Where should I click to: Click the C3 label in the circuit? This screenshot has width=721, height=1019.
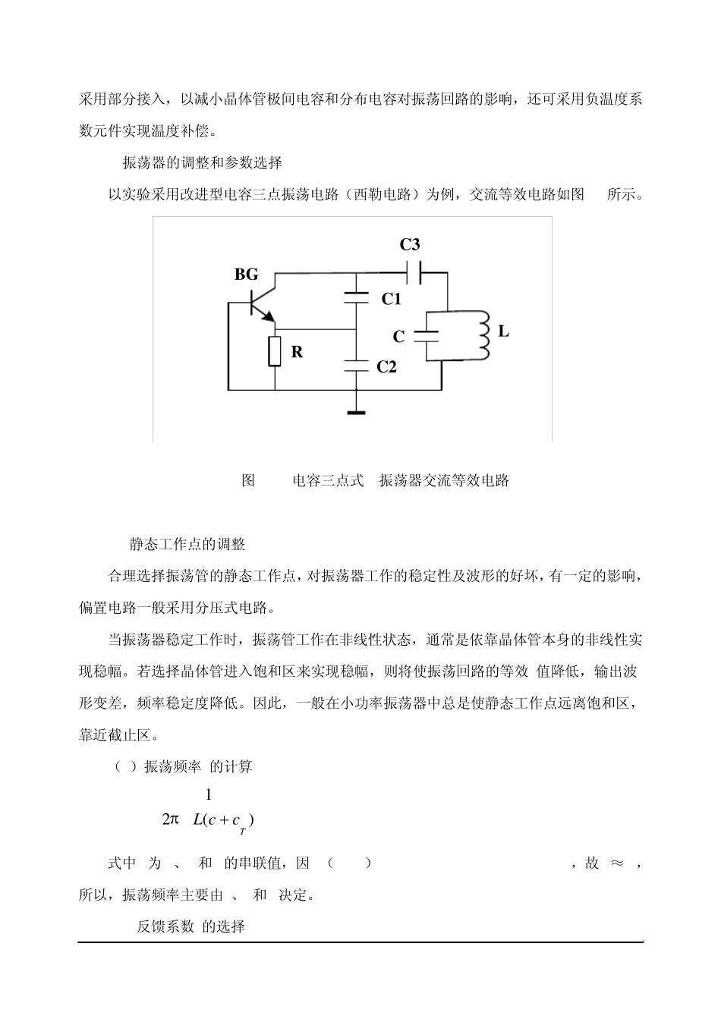pyautogui.click(x=410, y=244)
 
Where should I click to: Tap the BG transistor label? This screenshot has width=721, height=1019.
pyautogui.click(x=246, y=275)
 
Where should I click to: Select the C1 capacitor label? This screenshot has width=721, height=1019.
pyautogui.click(x=391, y=299)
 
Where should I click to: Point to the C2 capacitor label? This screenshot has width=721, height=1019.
pyautogui.click(x=387, y=367)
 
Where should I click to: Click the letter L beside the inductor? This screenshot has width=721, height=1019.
pyautogui.click(x=503, y=332)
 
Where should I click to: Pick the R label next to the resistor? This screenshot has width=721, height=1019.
pyautogui.click(x=298, y=352)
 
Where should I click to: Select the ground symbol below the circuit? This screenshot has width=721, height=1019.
pyautogui.click(x=355, y=412)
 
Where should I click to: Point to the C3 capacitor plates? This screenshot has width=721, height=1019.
pyautogui.click(x=415, y=271)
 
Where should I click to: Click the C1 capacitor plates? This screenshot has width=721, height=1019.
pyautogui.click(x=355, y=297)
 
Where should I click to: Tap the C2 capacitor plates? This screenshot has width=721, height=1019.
pyautogui.click(x=355, y=365)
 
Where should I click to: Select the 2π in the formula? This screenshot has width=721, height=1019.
pyautogui.click(x=170, y=819)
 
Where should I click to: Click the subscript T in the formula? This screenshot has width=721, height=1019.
pyautogui.click(x=242, y=832)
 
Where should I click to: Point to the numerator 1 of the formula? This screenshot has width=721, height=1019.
pyautogui.click(x=208, y=794)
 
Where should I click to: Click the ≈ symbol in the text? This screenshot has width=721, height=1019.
pyautogui.click(x=616, y=863)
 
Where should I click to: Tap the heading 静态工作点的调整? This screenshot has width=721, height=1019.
pyautogui.click(x=187, y=544)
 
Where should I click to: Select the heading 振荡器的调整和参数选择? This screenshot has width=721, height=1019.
pyautogui.click(x=203, y=162)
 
